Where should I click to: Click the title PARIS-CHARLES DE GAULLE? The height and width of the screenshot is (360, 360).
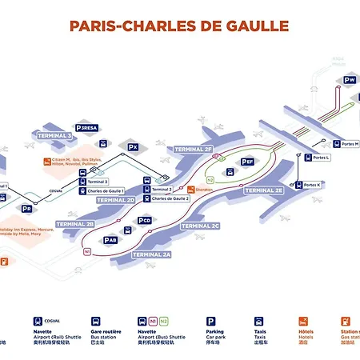[179, 26]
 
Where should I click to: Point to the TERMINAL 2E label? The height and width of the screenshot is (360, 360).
[264, 190]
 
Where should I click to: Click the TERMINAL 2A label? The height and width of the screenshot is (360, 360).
[152, 254]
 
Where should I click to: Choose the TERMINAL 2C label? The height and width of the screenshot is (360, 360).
[200, 226]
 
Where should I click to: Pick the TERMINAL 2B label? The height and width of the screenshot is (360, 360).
[76, 224]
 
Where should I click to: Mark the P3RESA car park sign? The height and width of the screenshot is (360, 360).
[86, 126]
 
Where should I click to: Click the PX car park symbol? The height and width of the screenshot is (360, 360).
[133, 147]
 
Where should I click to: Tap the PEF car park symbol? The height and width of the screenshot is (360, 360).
[247, 162]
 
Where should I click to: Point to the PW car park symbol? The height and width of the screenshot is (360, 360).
[349, 80]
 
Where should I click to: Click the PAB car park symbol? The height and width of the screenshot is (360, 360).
[110, 240]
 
